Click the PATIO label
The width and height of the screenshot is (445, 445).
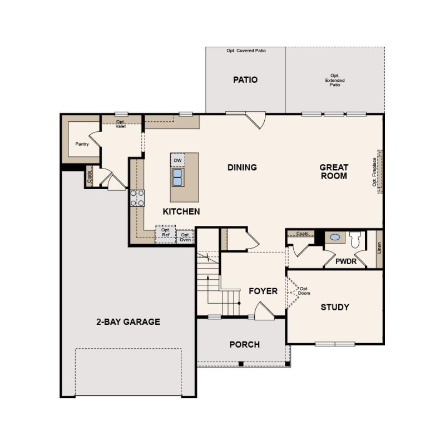245,80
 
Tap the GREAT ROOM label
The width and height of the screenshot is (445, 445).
334,171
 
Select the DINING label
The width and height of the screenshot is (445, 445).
242,167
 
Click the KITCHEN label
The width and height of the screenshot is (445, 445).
181,211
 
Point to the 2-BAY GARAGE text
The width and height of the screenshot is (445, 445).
128,322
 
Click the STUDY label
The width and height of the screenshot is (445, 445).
335,307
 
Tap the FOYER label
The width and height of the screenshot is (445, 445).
263,291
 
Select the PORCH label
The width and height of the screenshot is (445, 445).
245,344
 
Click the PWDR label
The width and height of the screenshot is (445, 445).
346,260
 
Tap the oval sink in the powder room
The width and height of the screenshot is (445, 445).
335,238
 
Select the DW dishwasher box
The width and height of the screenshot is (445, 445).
177,160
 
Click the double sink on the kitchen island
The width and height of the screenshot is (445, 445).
177,177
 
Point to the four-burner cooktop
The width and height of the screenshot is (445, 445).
137,197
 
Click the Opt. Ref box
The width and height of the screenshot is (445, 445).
165,233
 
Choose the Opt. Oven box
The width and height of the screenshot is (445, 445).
185,237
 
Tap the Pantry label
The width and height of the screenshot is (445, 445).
82,144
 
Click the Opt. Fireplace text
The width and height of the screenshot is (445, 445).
375,172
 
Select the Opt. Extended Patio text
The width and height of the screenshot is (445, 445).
335,81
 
